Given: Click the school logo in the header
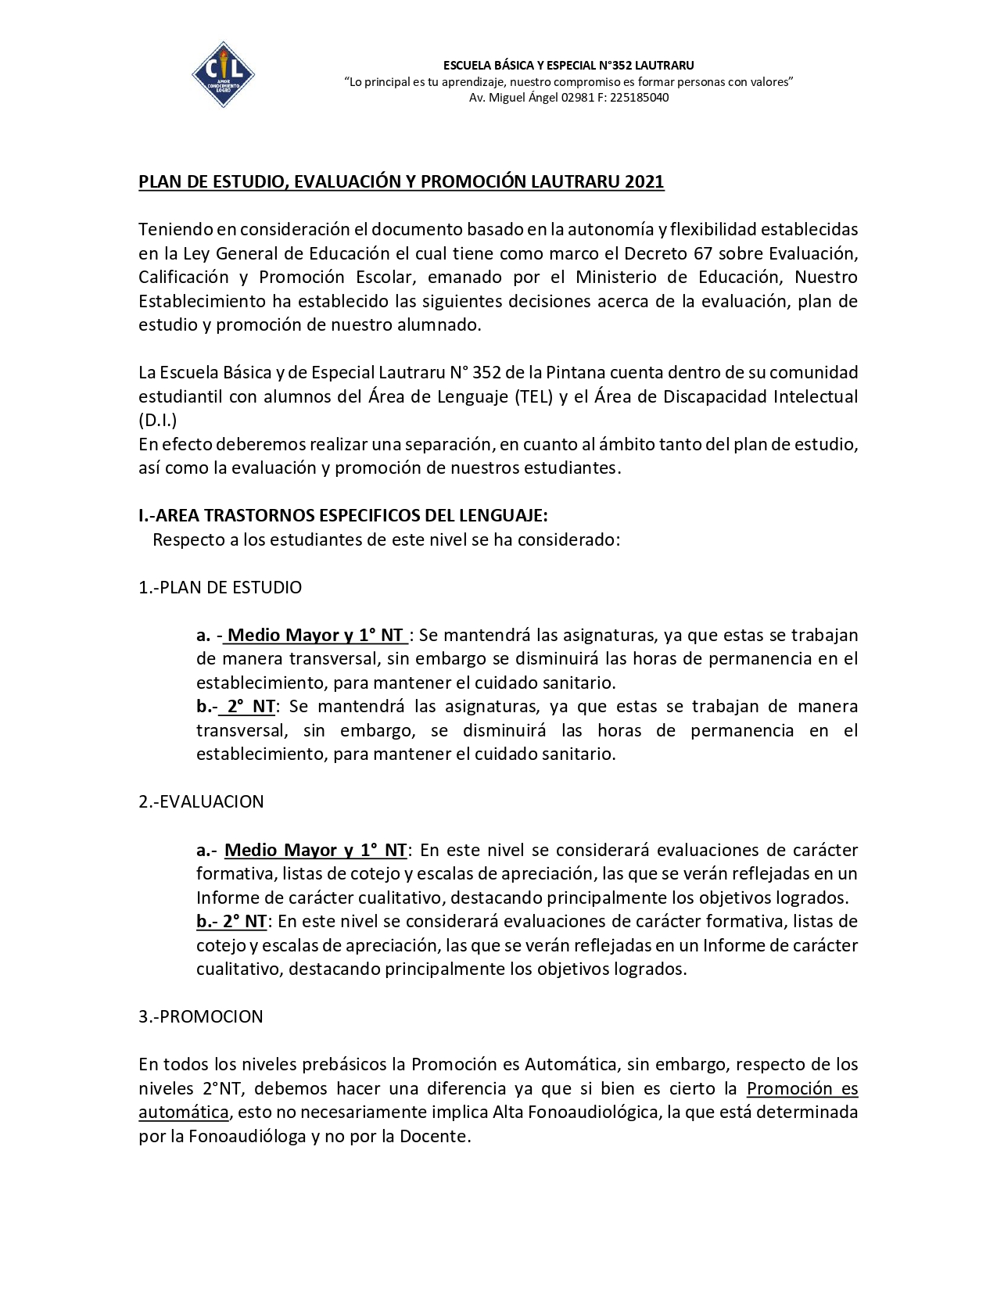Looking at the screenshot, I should point(223,74).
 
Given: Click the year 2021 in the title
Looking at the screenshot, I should point(644,182).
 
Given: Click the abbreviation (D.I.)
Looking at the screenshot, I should point(158,421).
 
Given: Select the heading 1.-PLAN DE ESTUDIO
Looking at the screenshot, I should point(220,587).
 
